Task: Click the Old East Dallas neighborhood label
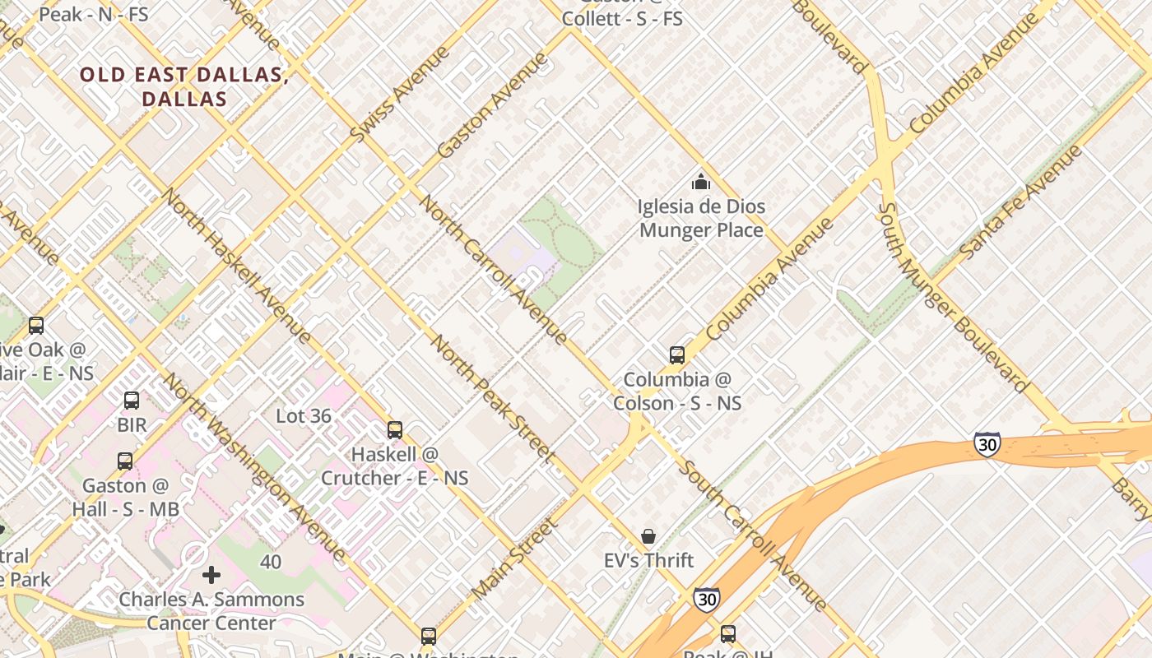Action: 183,86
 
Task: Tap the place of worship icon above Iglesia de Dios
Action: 700,182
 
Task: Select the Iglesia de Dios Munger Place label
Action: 701,218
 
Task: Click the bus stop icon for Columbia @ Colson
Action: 676,355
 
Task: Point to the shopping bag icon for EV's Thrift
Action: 648,536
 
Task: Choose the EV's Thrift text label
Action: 648,560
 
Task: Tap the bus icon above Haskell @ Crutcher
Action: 395,430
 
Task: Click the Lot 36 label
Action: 304,416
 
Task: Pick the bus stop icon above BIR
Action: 132,401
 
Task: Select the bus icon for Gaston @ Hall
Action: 125,461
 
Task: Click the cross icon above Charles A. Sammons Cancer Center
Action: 211,574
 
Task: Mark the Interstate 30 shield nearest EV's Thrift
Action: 705,600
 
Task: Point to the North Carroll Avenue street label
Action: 493,268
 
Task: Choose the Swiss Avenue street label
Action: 400,94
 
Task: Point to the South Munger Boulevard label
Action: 952,298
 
